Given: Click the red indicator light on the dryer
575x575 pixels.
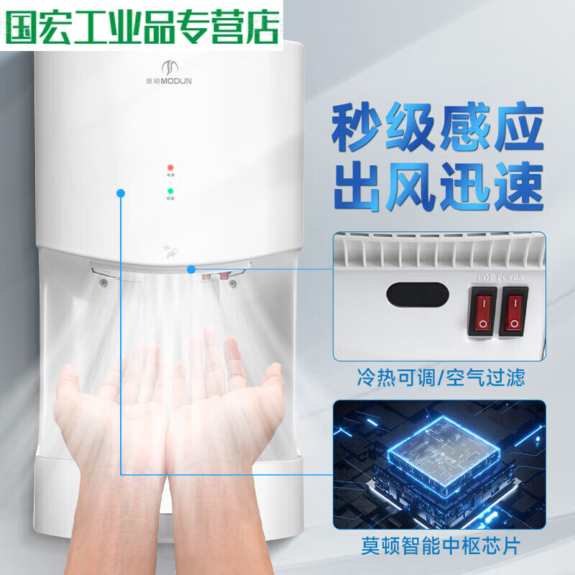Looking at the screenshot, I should (170, 167).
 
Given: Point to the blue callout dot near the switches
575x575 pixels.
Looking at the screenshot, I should (191, 270).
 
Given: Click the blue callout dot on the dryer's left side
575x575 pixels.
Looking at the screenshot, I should (121, 192).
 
